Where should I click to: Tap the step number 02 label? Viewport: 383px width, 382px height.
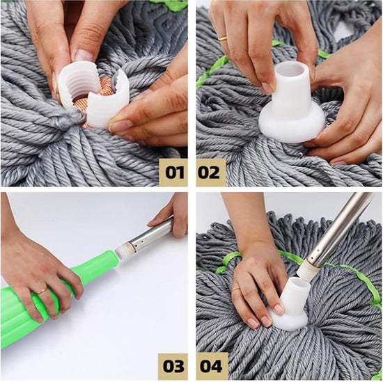tap(210, 171)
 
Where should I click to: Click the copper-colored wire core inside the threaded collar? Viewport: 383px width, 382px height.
tap(102, 90)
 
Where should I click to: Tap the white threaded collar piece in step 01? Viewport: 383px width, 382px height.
tap(81, 90)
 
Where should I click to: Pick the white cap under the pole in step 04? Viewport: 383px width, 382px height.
tap(292, 306)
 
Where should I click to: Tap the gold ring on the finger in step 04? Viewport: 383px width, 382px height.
tap(236, 287)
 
